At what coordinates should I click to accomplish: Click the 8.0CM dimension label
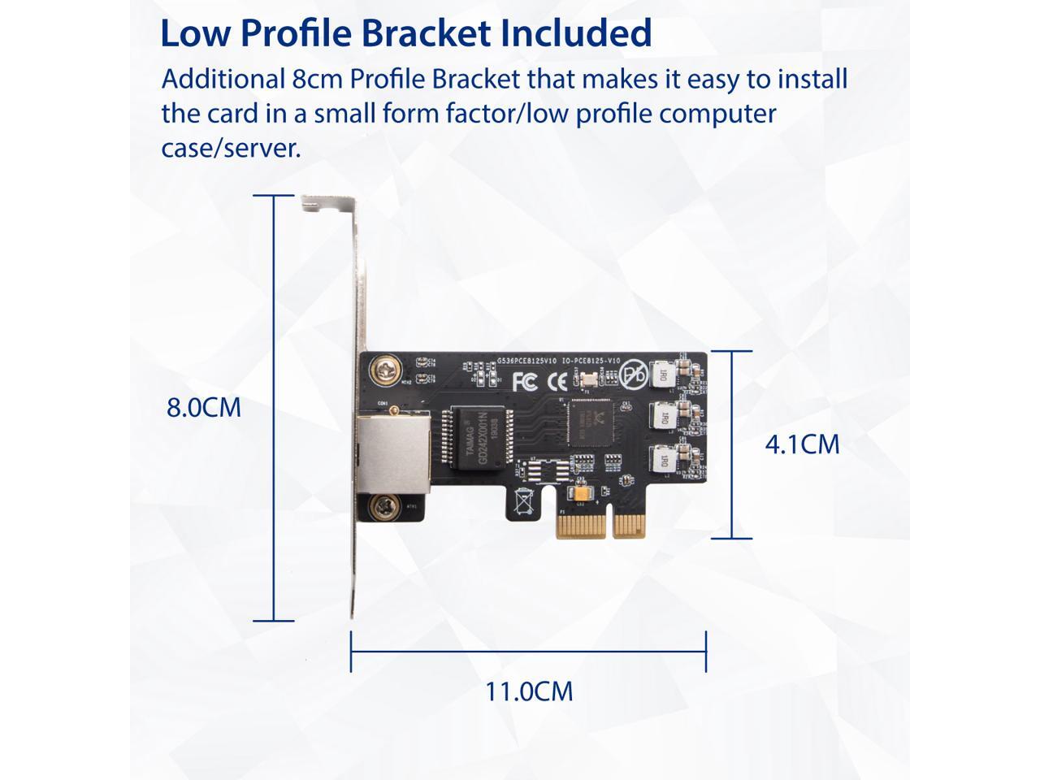[x=204, y=407]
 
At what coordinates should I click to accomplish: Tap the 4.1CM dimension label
[x=802, y=444]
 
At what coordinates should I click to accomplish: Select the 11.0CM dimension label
[x=529, y=691]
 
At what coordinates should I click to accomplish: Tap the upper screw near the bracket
[x=383, y=372]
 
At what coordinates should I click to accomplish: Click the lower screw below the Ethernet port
[x=383, y=509]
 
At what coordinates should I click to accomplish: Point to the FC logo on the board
[x=525, y=380]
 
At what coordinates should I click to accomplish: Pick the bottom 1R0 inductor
[x=662, y=461]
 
